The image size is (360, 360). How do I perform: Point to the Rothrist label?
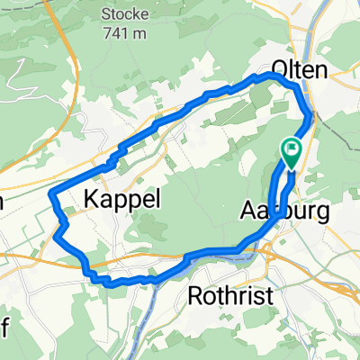pyautogui.click(x=228, y=297)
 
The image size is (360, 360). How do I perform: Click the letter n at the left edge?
pyautogui.click(x=4, y=202)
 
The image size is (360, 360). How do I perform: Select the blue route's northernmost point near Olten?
pyautogui.click(x=270, y=76)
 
